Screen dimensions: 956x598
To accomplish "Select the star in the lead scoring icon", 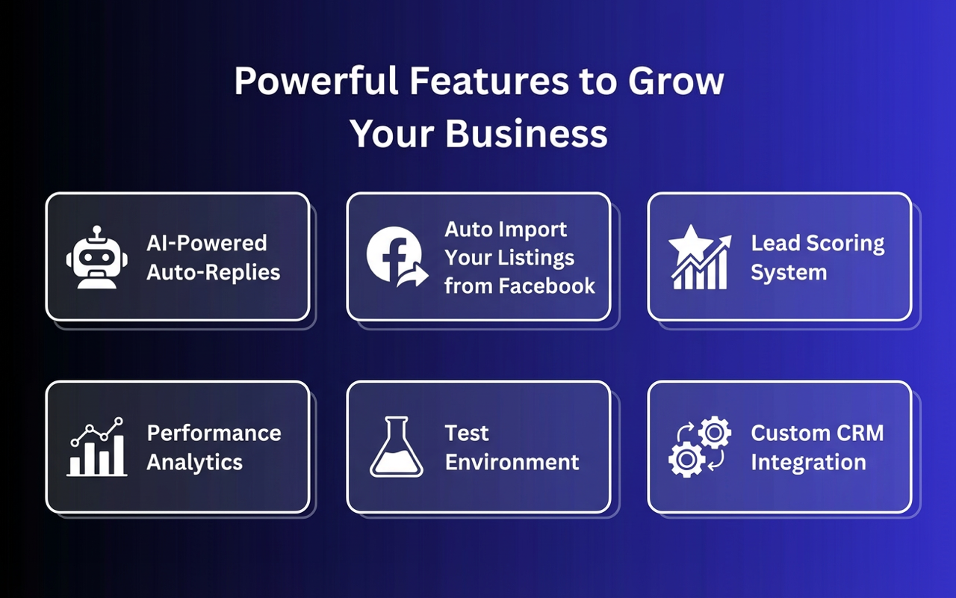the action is pyautogui.click(x=690, y=244).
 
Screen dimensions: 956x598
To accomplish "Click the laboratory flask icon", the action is pyautogui.click(x=397, y=447).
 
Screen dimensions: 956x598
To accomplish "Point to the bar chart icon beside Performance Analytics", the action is pyautogui.click(x=97, y=447).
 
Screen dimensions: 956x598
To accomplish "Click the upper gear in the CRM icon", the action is pyautogui.click(x=715, y=433).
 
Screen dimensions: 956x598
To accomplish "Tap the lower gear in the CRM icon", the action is pyautogui.click(x=686, y=460).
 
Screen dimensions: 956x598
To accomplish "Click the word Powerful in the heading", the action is pyautogui.click(x=316, y=81).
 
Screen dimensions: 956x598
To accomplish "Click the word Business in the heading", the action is pyautogui.click(x=527, y=133).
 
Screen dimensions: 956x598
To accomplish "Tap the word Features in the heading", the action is pyautogui.click(x=489, y=81).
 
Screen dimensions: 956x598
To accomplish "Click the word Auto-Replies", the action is pyautogui.click(x=214, y=273).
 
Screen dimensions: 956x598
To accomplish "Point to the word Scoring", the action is pyautogui.click(x=845, y=244).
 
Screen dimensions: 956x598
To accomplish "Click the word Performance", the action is pyautogui.click(x=214, y=433).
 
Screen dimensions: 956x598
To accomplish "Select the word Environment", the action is pyautogui.click(x=512, y=462).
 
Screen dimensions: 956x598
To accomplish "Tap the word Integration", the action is pyautogui.click(x=808, y=463).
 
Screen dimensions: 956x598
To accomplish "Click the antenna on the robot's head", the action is pyautogui.click(x=97, y=232).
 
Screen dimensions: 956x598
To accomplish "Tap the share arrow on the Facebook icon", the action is pyautogui.click(x=412, y=277).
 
